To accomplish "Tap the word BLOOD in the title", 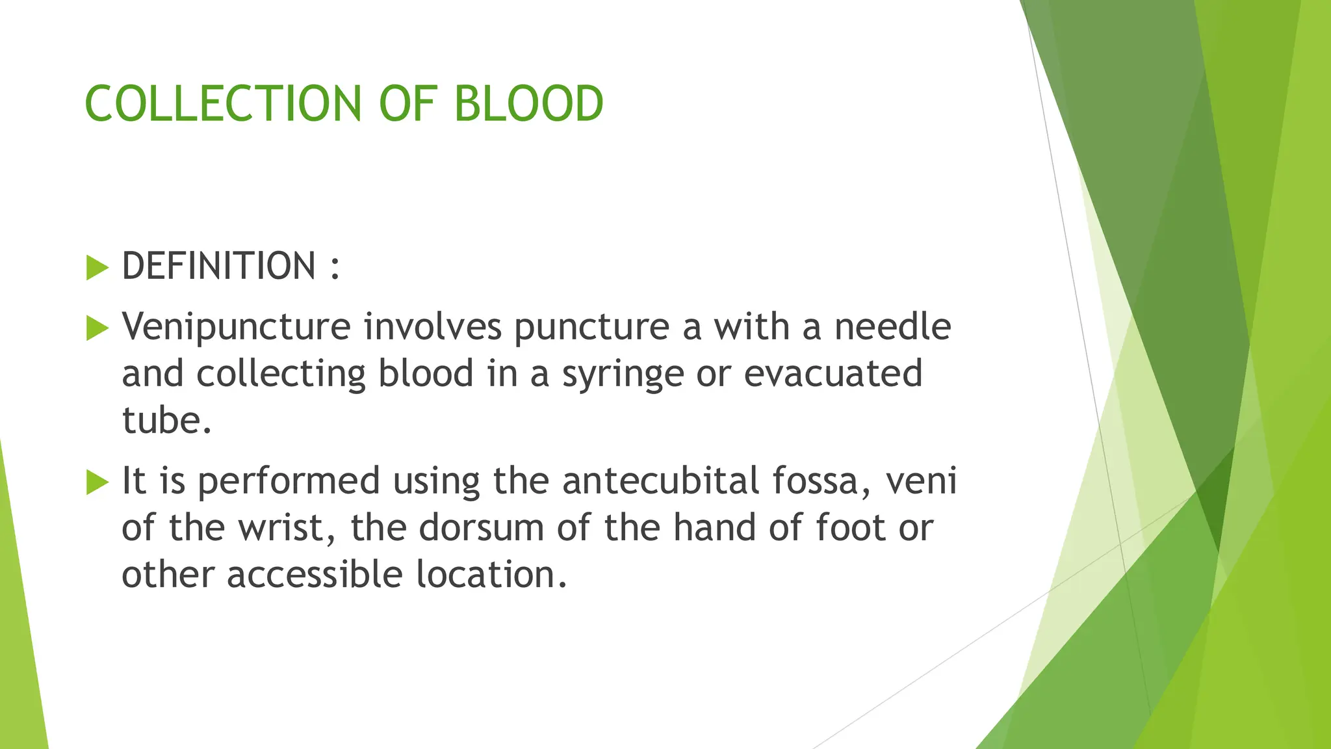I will click(x=528, y=104).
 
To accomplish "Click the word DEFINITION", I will click(x=219, y=267).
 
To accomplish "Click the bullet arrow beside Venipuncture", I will click(x=97, y=328).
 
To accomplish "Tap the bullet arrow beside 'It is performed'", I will click(x=97, y=482).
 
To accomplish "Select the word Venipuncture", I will click(x=236, y=327).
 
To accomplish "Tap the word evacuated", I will click(x=833, y=373).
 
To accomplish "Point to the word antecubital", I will click(x=660, y=481).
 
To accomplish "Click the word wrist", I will click(x=287, y=528).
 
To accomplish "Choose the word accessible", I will click(x=315, y=575).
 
